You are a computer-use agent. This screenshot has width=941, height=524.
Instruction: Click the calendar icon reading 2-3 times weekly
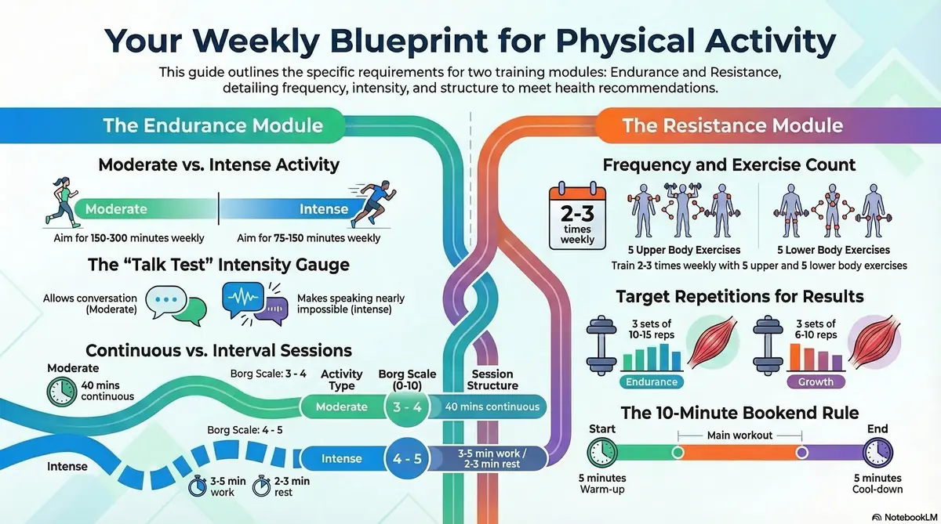pyautogui.click(x=577, y=215)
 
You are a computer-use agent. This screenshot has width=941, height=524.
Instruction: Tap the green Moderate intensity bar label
pyautogui.click(x=116, y=209)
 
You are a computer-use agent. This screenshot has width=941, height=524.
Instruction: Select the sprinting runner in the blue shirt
pyautogui.click(x=372, y=204)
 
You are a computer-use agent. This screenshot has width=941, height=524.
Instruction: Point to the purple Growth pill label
pyautogui.click(x=816, y=381)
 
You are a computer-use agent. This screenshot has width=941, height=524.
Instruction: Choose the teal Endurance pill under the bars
pyautogui.click(x=652, y=381)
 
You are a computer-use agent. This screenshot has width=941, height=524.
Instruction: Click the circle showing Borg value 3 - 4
pyautogui.click(x=407, y=407)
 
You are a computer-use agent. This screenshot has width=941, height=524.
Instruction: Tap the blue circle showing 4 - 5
pyautogui.click(x=407, y=458)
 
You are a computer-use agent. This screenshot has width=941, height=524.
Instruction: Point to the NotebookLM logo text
pyautogui.click(x=910, y=517)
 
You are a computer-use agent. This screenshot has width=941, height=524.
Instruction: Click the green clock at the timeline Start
pyautogui.click(x=602, y=453)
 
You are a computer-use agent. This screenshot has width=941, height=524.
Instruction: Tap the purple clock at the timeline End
pyautogui.click(x=877, y=453)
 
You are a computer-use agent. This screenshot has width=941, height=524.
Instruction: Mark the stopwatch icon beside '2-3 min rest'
pyautogui.click(x=261, y=486)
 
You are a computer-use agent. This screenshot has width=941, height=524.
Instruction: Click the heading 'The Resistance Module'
pyautogui.click(x=732, y=125)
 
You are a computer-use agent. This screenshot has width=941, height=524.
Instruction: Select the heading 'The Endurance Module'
pyautogui.click(x=213, y=125)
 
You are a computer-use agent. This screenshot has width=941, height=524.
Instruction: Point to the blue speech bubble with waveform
pyautogui.click(x=243, y=298)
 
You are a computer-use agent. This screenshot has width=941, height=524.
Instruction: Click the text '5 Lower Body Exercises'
pyautogui.click(x=834, y=250)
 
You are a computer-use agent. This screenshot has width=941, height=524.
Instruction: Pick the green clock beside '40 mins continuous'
pyautogui.click(x=61, y=392)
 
